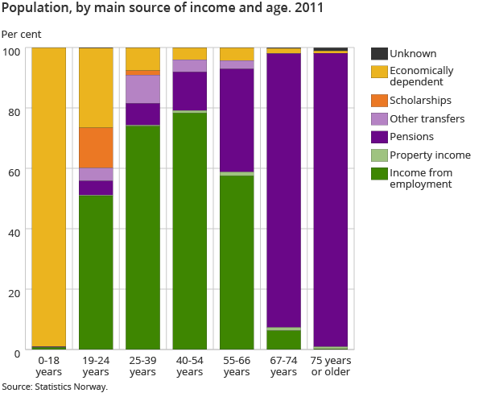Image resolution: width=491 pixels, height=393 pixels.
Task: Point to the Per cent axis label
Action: click(21, 35)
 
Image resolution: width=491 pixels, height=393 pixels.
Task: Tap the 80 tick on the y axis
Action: click(13, 109)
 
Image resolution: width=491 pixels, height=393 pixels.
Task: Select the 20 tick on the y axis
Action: click(13, 290)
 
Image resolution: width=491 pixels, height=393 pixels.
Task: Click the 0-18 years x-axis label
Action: click(48, 366)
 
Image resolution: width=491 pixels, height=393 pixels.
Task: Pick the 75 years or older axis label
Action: click(331, 366)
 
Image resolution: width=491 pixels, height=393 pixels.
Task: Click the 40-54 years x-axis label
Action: click(189, 366)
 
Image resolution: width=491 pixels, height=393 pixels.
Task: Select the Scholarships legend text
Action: click(420, 101)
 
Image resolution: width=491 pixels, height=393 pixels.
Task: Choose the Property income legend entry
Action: click(430, 155)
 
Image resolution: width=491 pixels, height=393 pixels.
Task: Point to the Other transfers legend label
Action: click(427, 119)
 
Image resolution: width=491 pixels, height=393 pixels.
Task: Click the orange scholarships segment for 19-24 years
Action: click(96, 147)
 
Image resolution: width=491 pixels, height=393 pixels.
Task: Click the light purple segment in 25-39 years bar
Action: click(142, 89)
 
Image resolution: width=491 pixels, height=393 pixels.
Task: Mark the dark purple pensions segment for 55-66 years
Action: click(237, 120)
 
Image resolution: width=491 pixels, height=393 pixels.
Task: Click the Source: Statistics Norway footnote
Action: click(55, 387)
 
